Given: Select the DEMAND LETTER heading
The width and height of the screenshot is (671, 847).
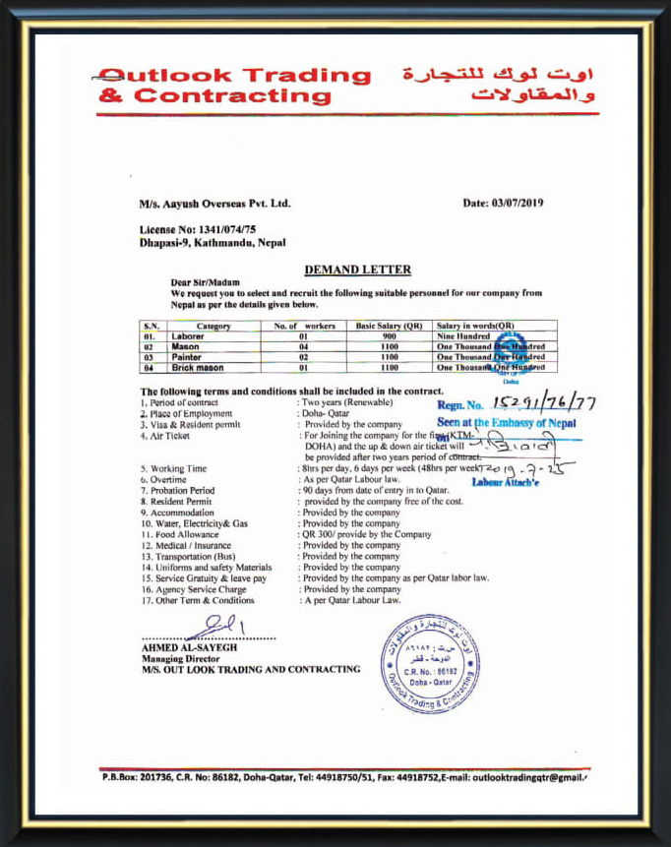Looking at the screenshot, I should point(357,270).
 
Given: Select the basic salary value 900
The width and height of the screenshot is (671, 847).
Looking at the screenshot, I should point(388,336).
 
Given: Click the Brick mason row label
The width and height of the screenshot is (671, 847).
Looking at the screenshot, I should point(197,368).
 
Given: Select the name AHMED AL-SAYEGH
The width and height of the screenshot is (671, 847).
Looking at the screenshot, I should point(189,647).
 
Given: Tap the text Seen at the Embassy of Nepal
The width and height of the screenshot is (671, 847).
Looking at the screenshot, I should point(506,423).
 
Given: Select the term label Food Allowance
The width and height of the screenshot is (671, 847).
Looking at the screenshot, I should point(185,534).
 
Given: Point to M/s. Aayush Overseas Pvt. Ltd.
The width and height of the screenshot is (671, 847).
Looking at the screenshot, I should point(215,204).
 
